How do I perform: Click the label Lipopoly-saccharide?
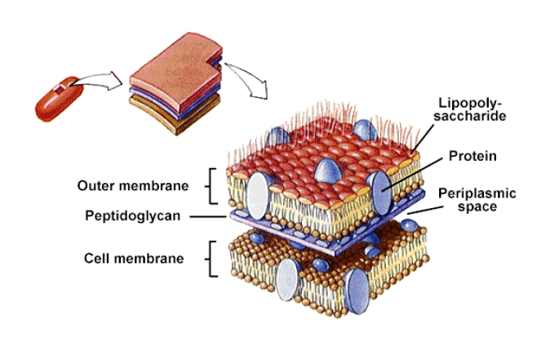coord(469,109)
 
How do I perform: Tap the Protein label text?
coord(472,156)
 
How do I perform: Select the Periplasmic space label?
coord(477,200)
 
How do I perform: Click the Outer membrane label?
coord(133,185)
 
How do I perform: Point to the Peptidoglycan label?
coord(133,216)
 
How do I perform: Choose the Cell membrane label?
coord(134,258)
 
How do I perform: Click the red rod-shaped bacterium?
coord(59,99)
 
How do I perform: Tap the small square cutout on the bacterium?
coord(60,89)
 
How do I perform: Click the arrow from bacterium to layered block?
coord(96,81)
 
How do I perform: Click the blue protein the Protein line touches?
coord(381,193)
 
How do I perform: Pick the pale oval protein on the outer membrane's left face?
coord(258,196)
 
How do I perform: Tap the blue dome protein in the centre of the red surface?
coord(328,171)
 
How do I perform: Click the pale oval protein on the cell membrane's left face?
coord(287,279)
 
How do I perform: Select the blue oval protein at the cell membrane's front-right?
coord(357,291)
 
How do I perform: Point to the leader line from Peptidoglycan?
coord(208,216)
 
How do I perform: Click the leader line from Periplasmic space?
coord(425,210)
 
